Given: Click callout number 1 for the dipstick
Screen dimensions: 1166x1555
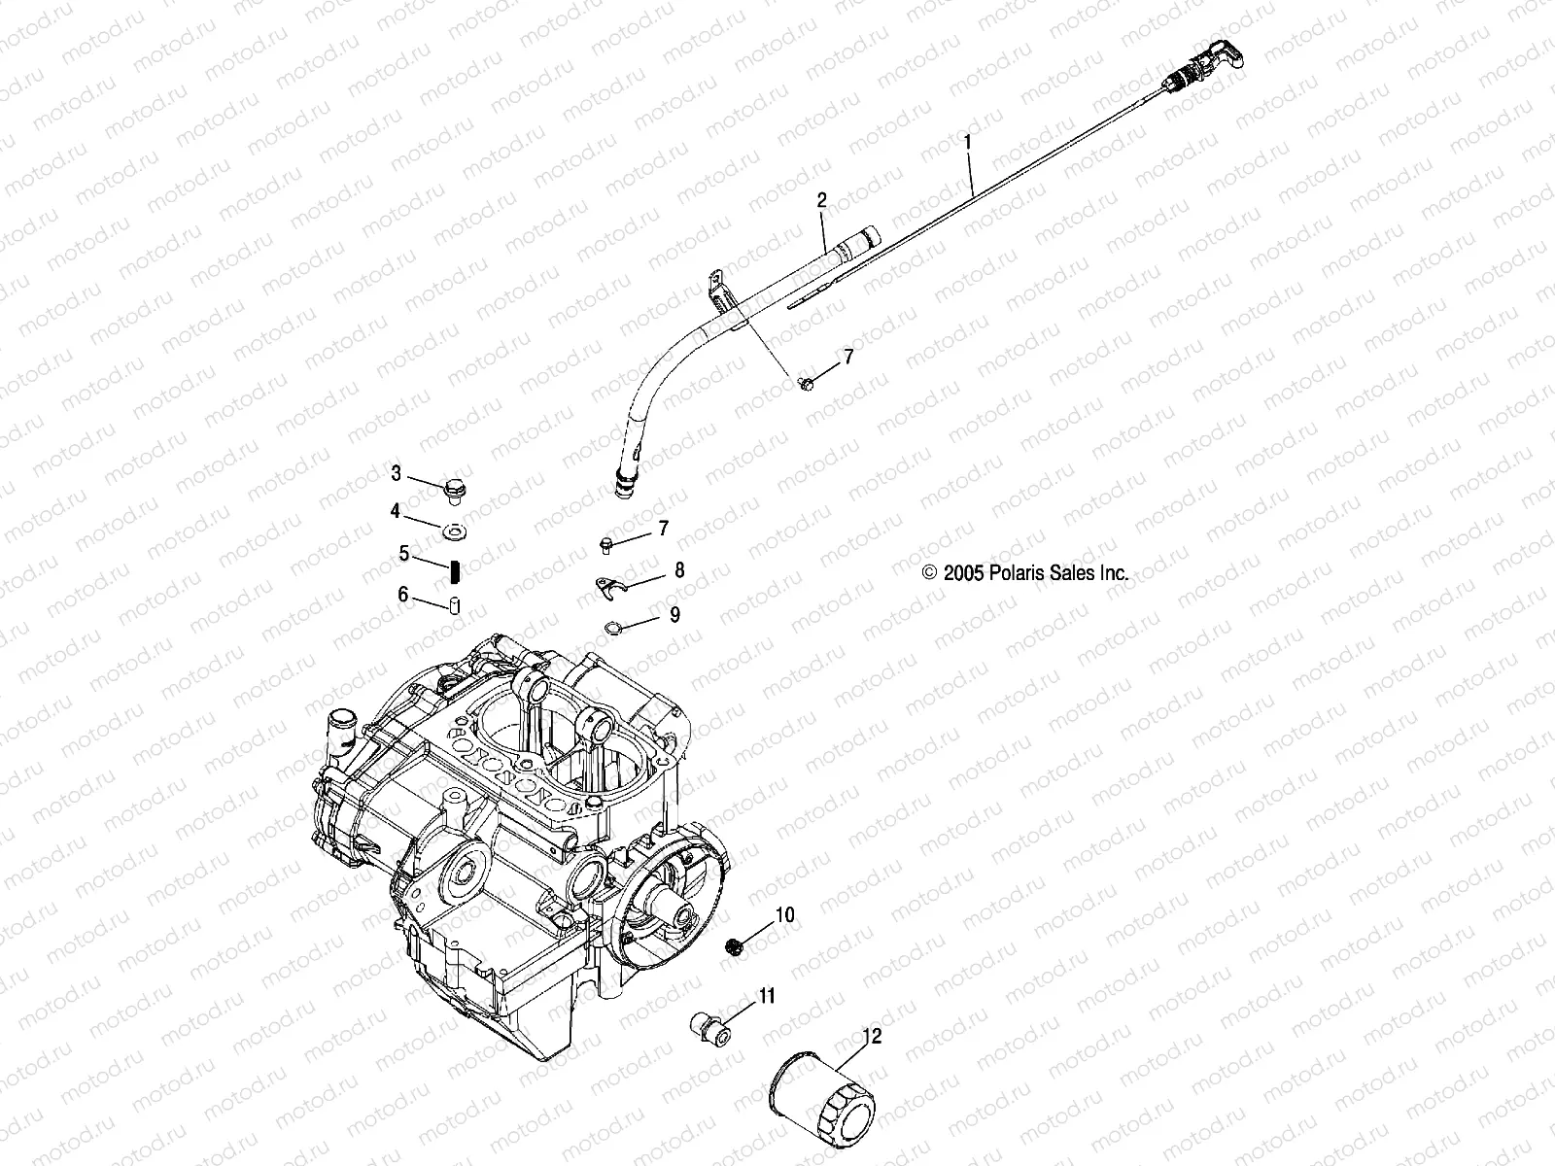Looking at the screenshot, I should (x=967, y=143).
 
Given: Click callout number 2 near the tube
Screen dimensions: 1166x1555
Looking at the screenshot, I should (x=821, y=201).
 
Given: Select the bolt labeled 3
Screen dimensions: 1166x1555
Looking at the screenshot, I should (x=454, y=491).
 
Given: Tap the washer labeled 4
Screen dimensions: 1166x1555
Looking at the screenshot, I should (x=455, y=532).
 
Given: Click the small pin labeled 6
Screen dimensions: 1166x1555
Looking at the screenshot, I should (x=453, y=606).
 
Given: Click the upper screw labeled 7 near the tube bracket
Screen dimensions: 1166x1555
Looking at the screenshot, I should (x=805, y=384).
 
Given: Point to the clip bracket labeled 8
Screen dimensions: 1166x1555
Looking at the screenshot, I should (x=607, y=586).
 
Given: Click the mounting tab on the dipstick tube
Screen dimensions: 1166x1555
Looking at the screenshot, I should (x=714, y=287).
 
